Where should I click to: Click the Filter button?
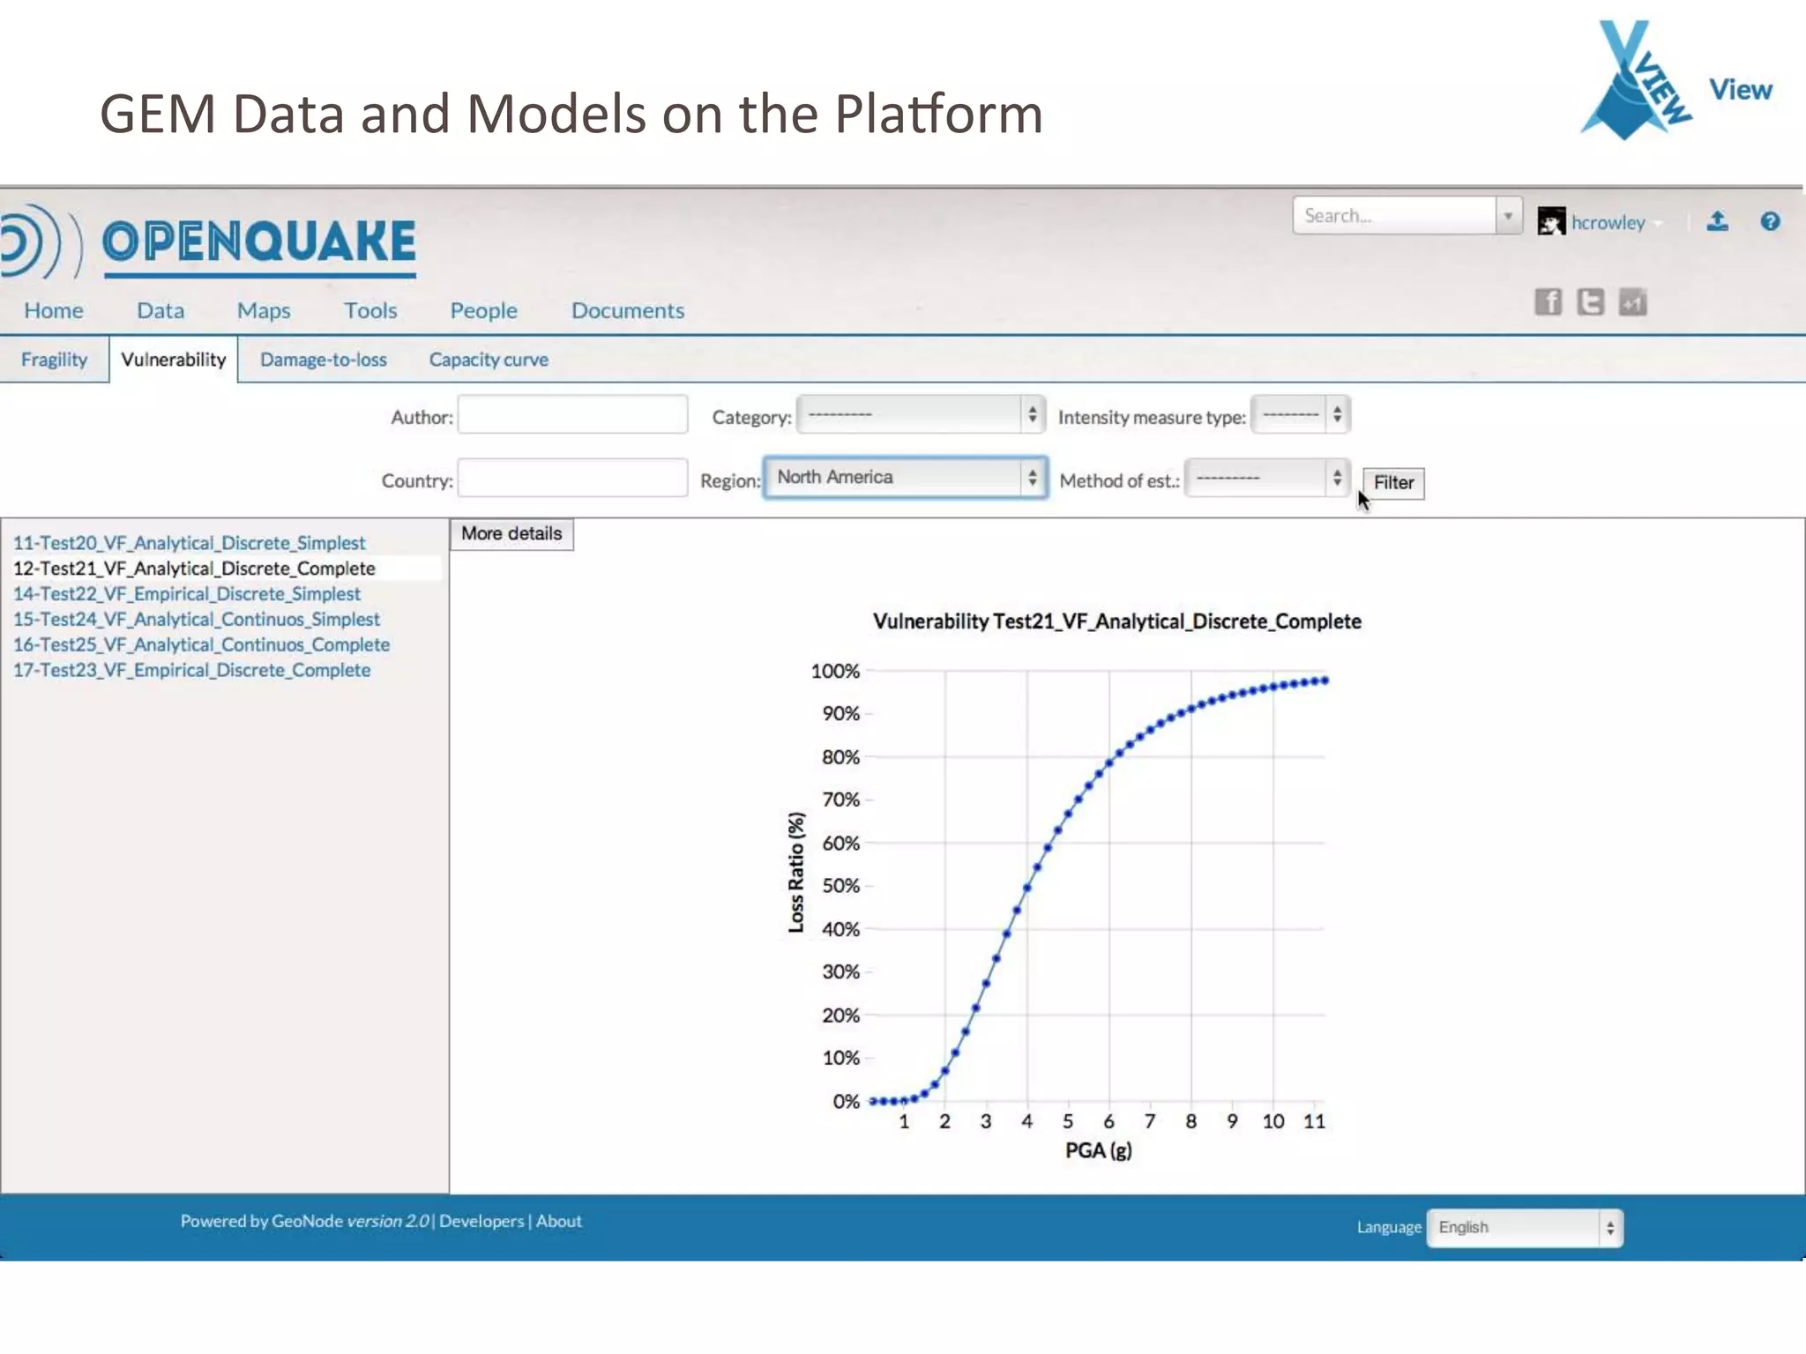[x=1392, y=483]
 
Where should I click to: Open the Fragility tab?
[x=55, y=360]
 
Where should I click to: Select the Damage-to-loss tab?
[x=324, y=360]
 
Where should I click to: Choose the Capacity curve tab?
[x=489, y=360]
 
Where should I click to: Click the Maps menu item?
[x=264, y=310]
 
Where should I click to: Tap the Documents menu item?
[x=628, y=310]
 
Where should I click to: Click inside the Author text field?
[x=572, y=415]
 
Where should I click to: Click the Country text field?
[x=572, y=479]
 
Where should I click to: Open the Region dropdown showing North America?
[x=906, y=478]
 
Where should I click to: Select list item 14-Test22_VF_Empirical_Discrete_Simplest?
[x=187, y=594]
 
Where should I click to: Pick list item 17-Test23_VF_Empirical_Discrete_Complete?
[x=192, y=670]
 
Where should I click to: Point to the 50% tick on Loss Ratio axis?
[x=840, y=886]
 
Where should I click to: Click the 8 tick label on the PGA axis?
[x=1191, y=1121]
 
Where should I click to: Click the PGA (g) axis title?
[x=1098, y=1150]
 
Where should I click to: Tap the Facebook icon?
[x=1548, y=302]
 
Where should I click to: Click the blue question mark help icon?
[x=1770, y=221]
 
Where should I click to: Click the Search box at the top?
[x=1394, y=216]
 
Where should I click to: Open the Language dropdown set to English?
[x=1525, y=1227]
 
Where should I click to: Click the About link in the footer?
[x=559, y=1221]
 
